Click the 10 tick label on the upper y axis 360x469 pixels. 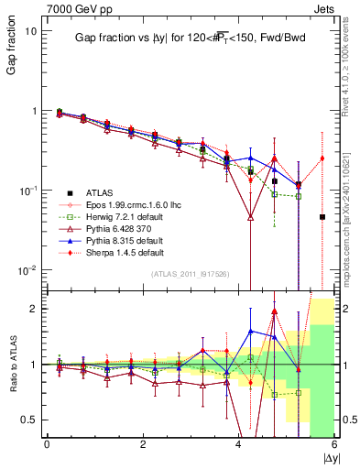coord(30,31)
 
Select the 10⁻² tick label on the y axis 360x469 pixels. coord(27,270)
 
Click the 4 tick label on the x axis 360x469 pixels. coord(239,444)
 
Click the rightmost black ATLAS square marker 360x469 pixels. coord(322,217)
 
